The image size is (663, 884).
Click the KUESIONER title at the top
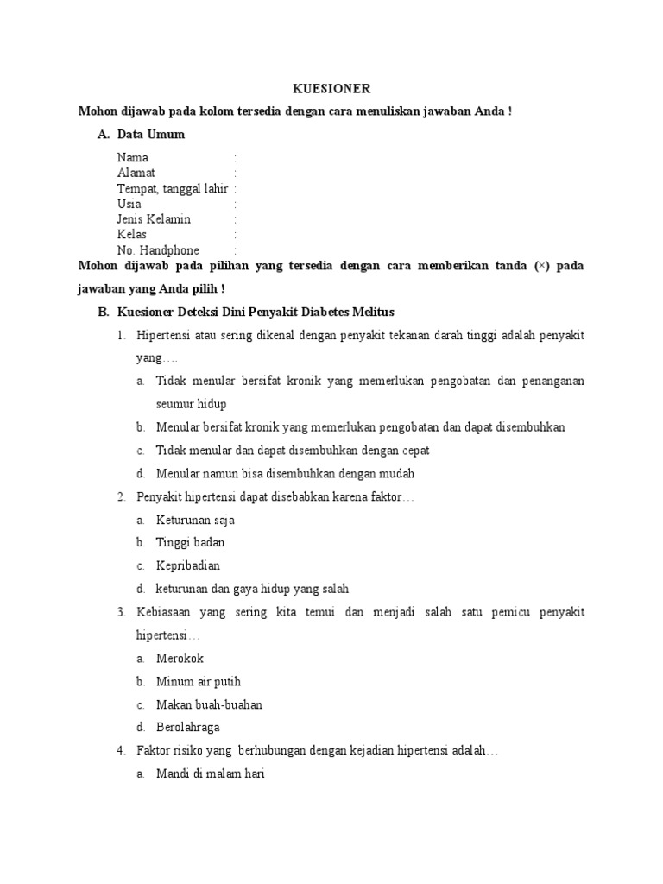coord(331,89)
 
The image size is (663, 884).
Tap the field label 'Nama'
coord(133,158)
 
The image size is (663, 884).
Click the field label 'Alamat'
coord(136,174)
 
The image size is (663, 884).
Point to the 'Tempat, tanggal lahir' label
coord(173,189)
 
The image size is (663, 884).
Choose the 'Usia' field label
coord(129,205)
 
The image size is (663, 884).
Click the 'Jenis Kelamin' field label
coord(154,219)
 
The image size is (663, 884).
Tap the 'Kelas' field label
coord(132,235)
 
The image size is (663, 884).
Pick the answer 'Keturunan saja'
coord(195,521)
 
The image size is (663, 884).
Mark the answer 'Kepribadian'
coord(188,566)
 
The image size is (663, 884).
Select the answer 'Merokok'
coord(180,659)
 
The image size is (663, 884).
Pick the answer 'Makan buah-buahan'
coord(209,705)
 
